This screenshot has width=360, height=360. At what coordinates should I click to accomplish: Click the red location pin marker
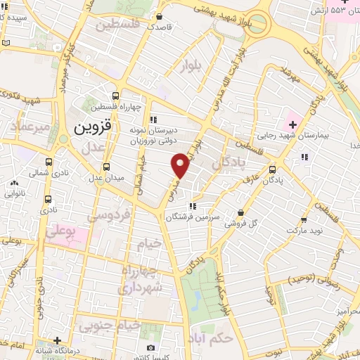[181, 165]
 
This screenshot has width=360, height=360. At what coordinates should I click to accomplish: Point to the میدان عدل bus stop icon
[106, 167]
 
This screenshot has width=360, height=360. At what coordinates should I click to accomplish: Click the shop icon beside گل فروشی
[241, 212]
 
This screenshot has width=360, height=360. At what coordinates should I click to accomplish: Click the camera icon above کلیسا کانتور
[150, 348]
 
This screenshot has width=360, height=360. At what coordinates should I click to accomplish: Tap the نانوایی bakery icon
[14, 184]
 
